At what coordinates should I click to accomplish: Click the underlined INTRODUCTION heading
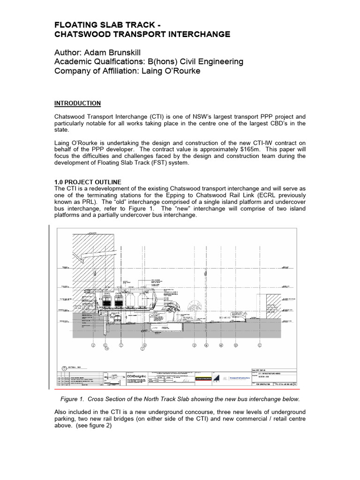[x=78, y=103]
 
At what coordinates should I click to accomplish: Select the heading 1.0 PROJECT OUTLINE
[x=88, y=182]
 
